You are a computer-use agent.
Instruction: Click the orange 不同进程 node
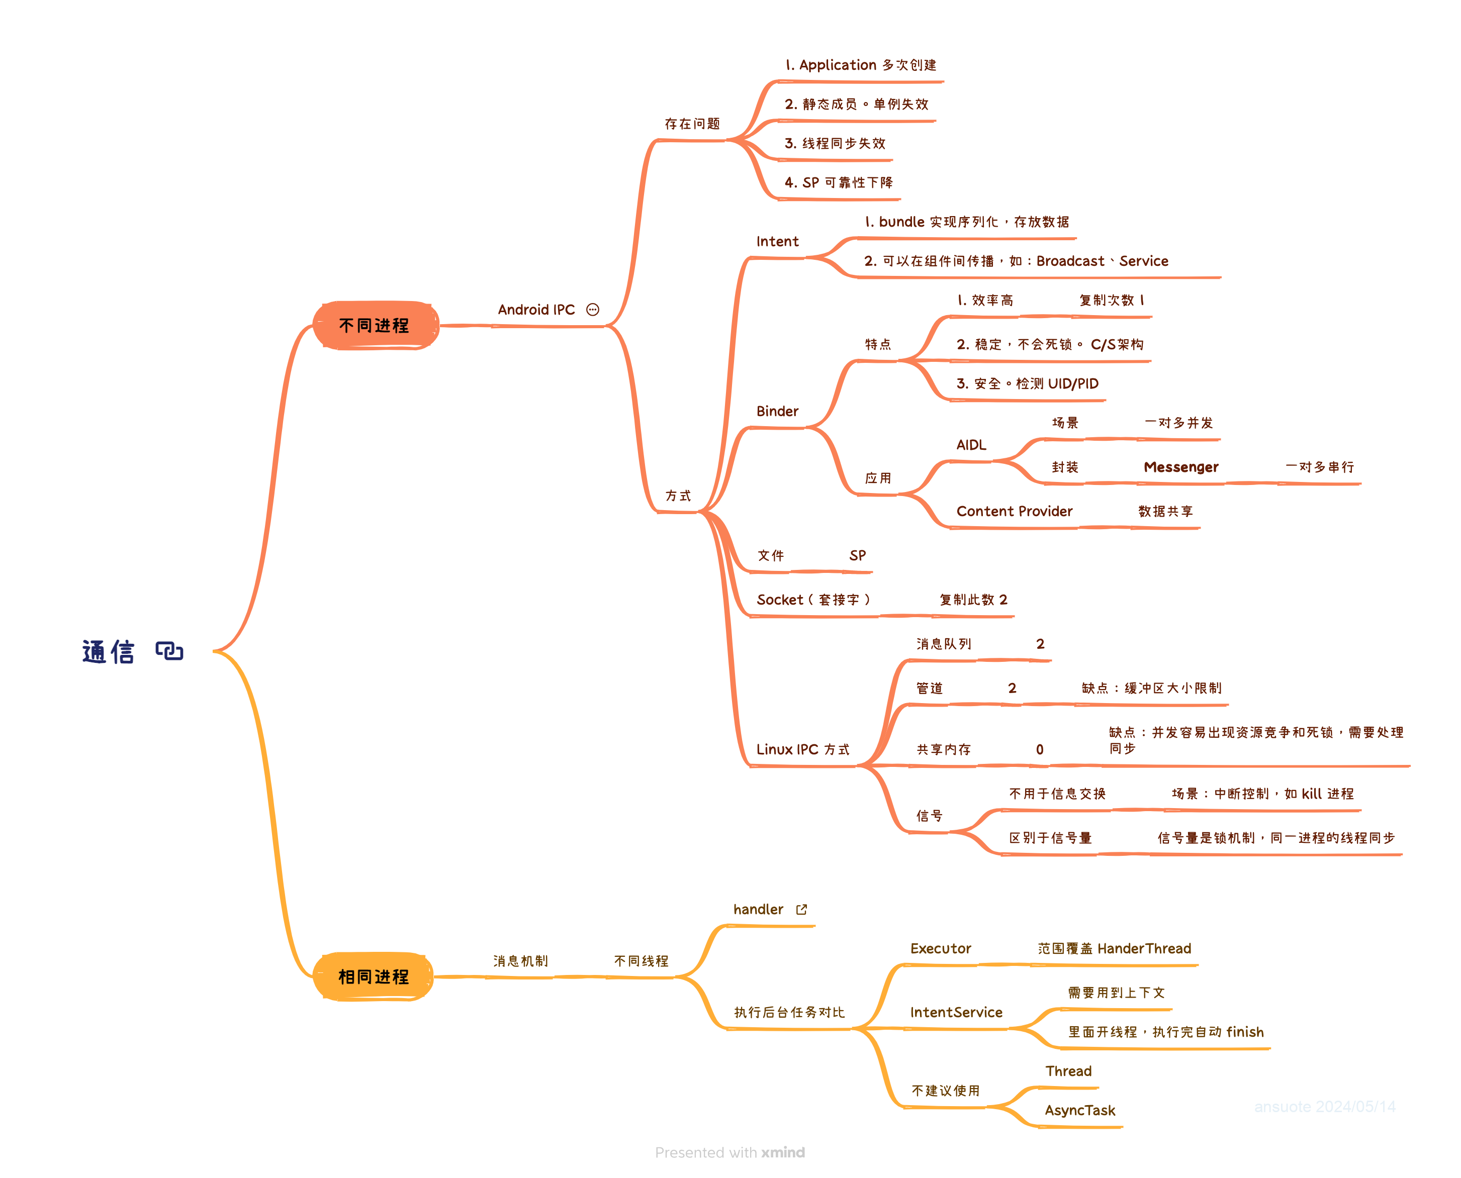[375, 326]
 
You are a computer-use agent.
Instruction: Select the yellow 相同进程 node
[374, 976]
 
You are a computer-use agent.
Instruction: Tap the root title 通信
[109, 652]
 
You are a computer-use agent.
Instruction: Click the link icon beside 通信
[169, 651]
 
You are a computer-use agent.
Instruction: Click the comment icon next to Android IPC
[593, 310]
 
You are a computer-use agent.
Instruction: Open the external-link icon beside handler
[802, 909]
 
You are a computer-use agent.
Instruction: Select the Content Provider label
[1014, 512]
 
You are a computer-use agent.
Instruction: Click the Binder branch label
[777, 411]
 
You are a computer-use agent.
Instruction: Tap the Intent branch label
[777, 242]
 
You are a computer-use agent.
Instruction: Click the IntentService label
[956, 1013]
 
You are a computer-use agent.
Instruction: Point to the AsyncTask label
[1079, 1111]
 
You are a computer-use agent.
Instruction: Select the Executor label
[940, 949]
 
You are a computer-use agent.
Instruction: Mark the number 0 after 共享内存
[1039, 750]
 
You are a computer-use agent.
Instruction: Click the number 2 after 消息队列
[1040, 644]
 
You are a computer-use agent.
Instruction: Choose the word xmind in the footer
[783, 1152]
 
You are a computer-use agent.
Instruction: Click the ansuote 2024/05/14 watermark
[1325, 1107]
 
